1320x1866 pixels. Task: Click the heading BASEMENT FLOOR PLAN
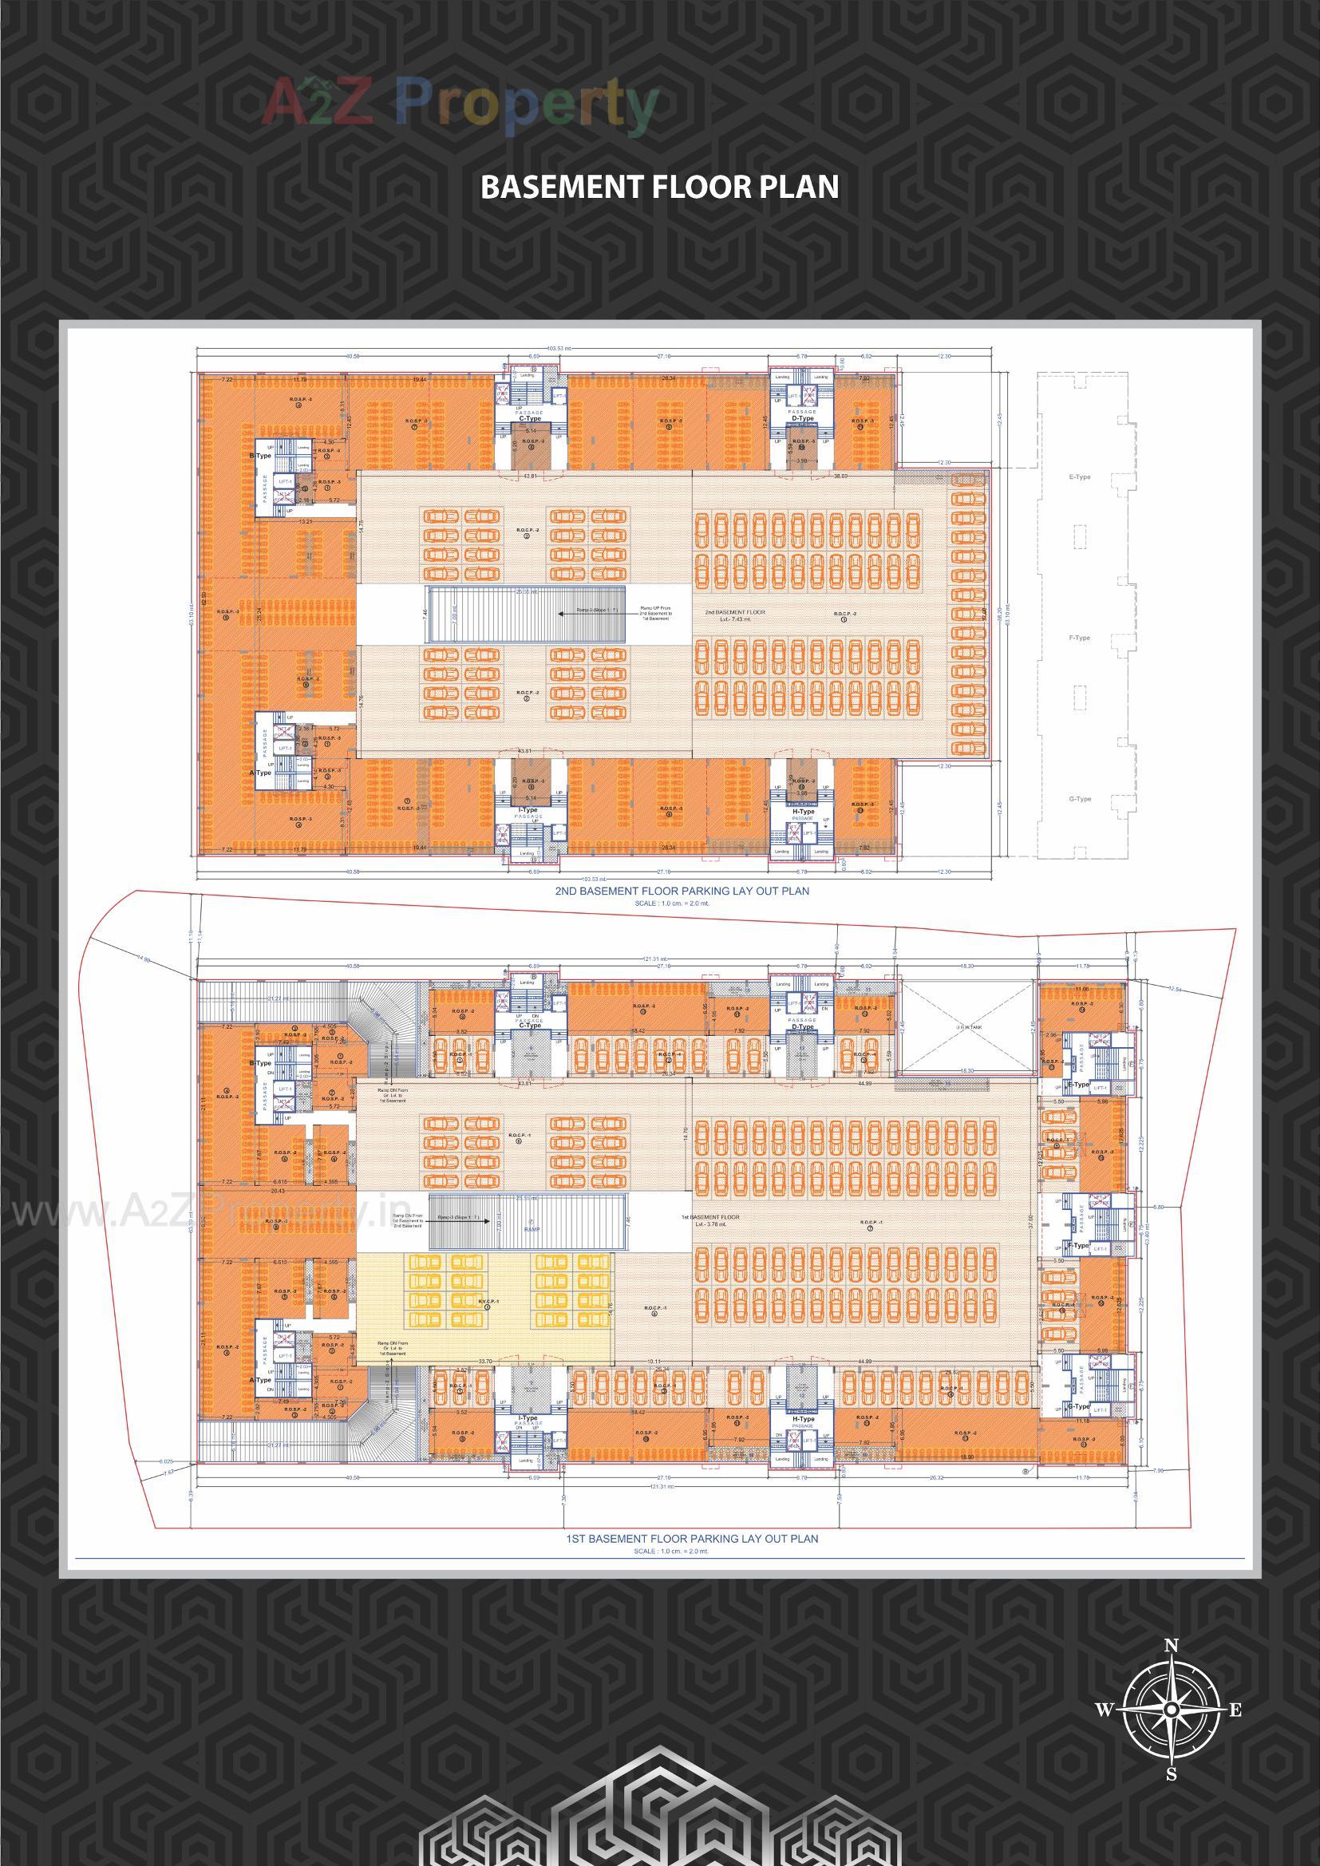tap(659, 187)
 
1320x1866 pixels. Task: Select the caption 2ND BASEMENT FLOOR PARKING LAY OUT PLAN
tap(682, 891)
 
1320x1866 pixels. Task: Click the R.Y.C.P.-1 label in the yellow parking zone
tap(487, 1303)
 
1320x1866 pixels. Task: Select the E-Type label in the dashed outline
tap(1080, 478)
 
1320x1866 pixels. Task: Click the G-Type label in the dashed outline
tap(1080, 799)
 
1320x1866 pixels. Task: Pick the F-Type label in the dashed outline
tap(1080, 638)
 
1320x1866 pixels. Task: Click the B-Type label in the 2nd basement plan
tap(260, 457)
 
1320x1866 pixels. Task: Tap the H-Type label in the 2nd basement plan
tap(803, 812)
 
